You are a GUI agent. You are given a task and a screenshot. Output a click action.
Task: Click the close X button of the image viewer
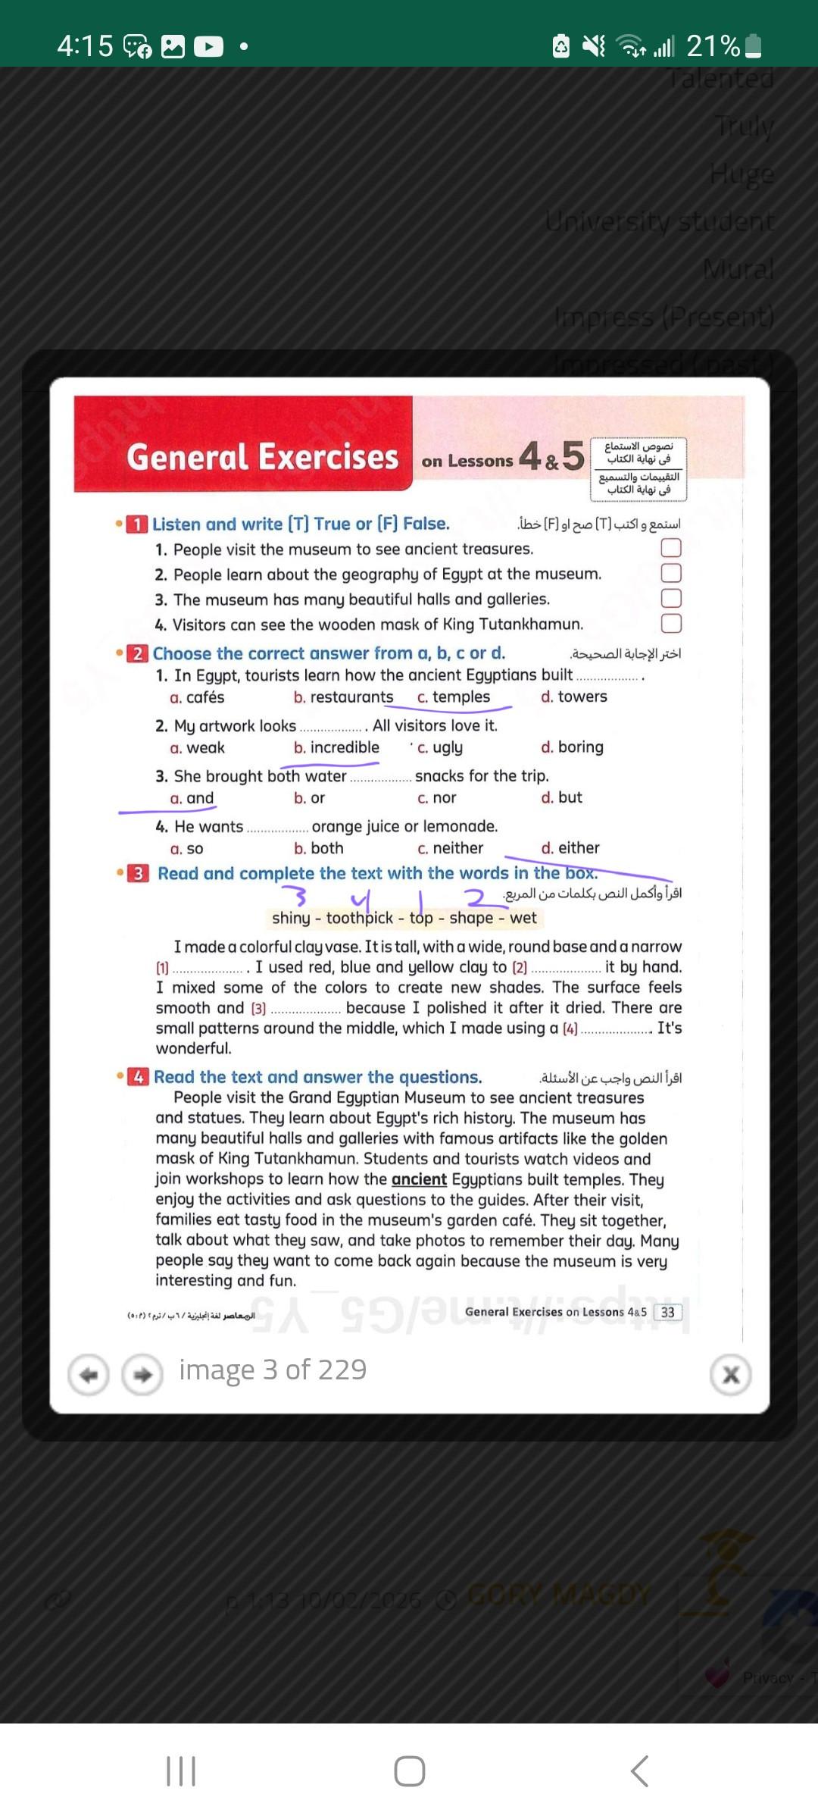coord(730,1375)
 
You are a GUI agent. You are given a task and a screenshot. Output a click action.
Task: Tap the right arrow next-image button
coord(142,1375)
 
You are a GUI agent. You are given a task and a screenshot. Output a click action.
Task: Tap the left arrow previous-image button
coord(89,1375)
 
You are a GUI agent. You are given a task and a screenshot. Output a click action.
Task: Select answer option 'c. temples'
coord(454,697)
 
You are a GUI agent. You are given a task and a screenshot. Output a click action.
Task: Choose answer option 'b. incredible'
coord(336,748)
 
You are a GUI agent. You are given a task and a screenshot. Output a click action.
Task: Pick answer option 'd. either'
coord(570,848)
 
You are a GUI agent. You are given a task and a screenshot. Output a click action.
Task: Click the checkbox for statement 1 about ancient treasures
coord(671,548)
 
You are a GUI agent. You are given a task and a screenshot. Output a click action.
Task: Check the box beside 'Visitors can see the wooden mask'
coord(671,624)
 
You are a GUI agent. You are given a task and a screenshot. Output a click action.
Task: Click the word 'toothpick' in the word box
coord(360,919)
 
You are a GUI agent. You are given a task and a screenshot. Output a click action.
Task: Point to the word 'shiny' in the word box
coord(291,919)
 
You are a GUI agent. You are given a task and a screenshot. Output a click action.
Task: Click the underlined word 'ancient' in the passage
coord(419,1180)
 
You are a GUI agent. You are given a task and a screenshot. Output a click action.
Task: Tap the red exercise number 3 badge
coord(138,874)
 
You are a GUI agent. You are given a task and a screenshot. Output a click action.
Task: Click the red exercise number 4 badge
coord(138,1077)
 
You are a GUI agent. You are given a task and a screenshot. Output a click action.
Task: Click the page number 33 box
coord(667,1313)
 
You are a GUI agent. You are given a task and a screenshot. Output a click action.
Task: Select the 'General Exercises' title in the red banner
coord(262,457)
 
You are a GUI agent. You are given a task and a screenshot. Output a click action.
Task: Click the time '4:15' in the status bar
coord(85,46)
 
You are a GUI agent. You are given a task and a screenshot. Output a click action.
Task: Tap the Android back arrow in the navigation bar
coord(639,1771)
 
